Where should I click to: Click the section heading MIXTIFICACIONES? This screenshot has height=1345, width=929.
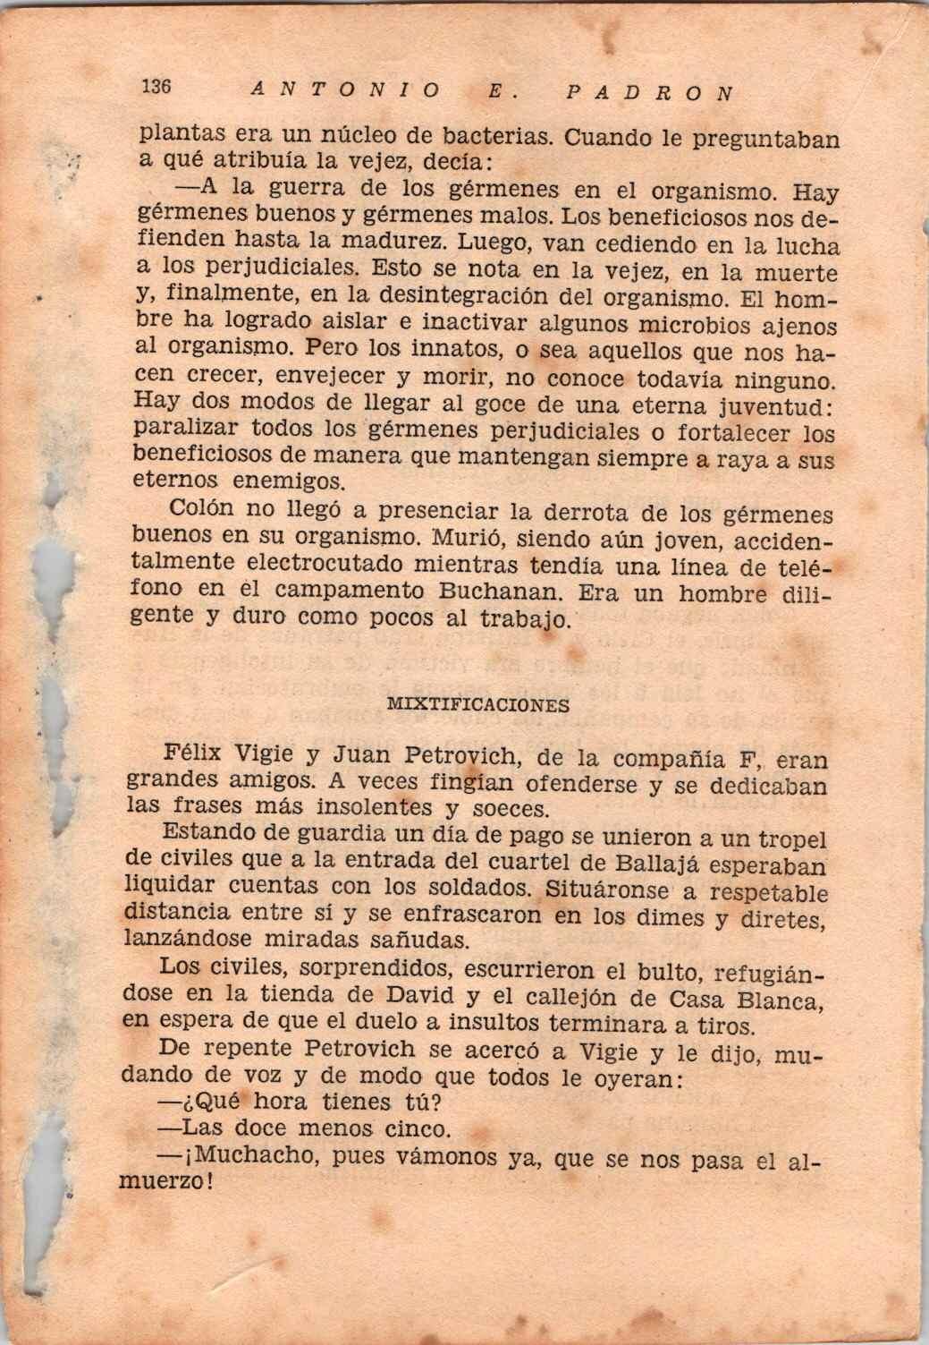click(x=477, y=704)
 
